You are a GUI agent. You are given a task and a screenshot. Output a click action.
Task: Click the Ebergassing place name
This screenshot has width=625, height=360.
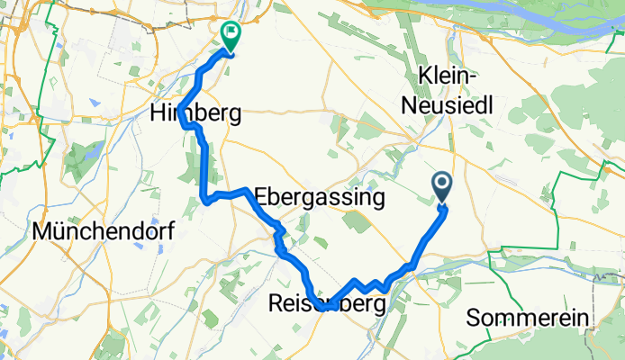tap(320, 196)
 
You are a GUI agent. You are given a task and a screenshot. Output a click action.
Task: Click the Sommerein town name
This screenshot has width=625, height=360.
tap(529, 318)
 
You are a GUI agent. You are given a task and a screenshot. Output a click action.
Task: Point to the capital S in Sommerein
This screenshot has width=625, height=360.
tap(475, 318)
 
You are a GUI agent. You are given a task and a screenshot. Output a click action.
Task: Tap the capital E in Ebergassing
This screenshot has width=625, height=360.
tap(262, 196)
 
